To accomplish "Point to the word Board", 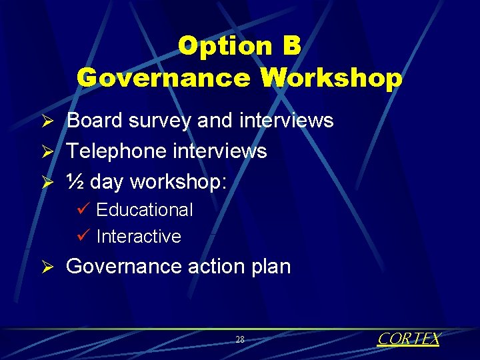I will [x=95, y=121].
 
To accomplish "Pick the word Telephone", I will [x=118, y=151].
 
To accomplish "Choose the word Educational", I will [x=145, y=210].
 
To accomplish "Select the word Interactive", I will [x=139, y=237].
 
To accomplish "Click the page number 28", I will [x=240, y=340].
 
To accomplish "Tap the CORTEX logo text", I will [x=409, y=339].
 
